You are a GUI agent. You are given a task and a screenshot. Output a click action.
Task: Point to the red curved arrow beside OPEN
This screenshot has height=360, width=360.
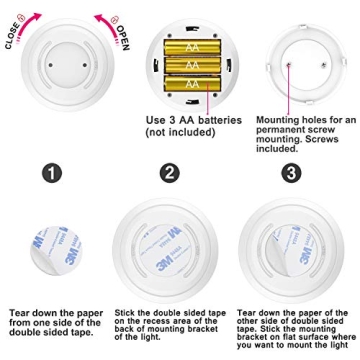pos(103,20)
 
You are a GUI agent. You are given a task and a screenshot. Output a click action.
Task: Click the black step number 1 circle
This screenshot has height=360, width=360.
pos(51,172)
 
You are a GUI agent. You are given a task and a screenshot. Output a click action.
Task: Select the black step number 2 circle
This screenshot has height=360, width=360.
pos(170,172)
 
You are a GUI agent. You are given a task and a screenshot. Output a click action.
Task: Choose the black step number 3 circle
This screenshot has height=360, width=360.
pos(290,172)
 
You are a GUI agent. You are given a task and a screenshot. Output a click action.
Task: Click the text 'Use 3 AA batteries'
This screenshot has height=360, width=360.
pos(193,120)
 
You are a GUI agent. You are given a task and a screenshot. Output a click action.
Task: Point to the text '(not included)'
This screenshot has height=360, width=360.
pos(180,132)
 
